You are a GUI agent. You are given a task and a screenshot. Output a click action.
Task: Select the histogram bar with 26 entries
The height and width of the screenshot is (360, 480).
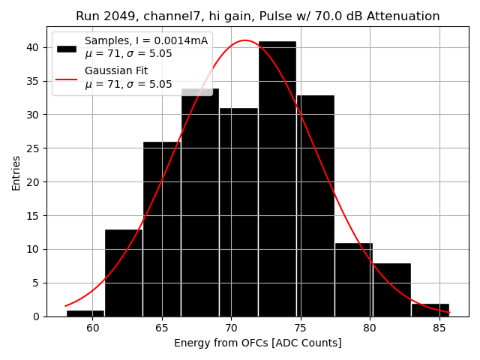point(161,229)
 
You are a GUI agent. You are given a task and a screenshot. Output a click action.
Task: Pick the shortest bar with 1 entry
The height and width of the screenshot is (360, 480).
point(85,313)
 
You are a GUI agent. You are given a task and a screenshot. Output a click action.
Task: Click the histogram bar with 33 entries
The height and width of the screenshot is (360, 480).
point(315,205)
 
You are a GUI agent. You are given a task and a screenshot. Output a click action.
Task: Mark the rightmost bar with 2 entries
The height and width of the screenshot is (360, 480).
point(430,309)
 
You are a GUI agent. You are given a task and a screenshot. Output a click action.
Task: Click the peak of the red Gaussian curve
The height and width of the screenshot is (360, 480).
point(244,40)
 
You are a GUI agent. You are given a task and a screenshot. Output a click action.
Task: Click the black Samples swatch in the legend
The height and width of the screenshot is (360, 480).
point(67,47)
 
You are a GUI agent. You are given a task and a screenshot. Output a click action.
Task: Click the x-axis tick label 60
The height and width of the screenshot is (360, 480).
point(92,328)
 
